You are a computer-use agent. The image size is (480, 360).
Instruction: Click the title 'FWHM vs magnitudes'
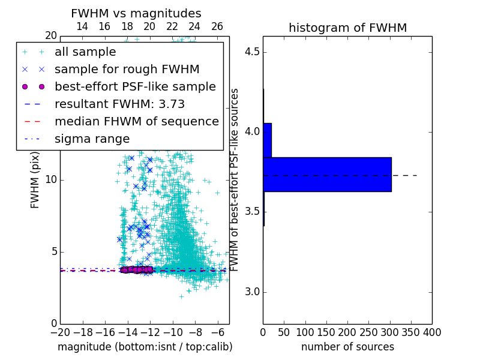click(136, 13)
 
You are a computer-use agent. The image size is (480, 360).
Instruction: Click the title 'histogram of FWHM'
click(347, 28)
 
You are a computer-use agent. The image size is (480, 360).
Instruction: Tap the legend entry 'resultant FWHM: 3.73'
click(119, 104)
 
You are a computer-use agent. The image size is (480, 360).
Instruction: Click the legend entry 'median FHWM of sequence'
click(136, 121)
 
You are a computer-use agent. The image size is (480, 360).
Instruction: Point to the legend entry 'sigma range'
click(92, 139)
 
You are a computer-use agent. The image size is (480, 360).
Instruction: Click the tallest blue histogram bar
click(327, 175)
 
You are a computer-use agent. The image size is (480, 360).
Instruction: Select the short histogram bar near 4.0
click(267, 140)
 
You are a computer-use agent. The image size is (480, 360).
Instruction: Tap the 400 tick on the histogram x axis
click(432, 332)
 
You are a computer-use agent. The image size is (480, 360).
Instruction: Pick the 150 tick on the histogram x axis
click(326, 332)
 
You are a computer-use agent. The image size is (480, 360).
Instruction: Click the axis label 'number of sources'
click(347, 347)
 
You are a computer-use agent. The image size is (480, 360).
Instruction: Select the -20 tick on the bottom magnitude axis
click(60, 332)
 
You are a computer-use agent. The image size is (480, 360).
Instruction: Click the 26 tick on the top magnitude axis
click(217, 26)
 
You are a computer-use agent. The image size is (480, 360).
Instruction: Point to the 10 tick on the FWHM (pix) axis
click(51, 180)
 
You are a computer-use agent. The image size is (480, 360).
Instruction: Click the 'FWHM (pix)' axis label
click(35, 179)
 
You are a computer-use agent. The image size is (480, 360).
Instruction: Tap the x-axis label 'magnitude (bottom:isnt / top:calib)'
click(145, 347)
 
